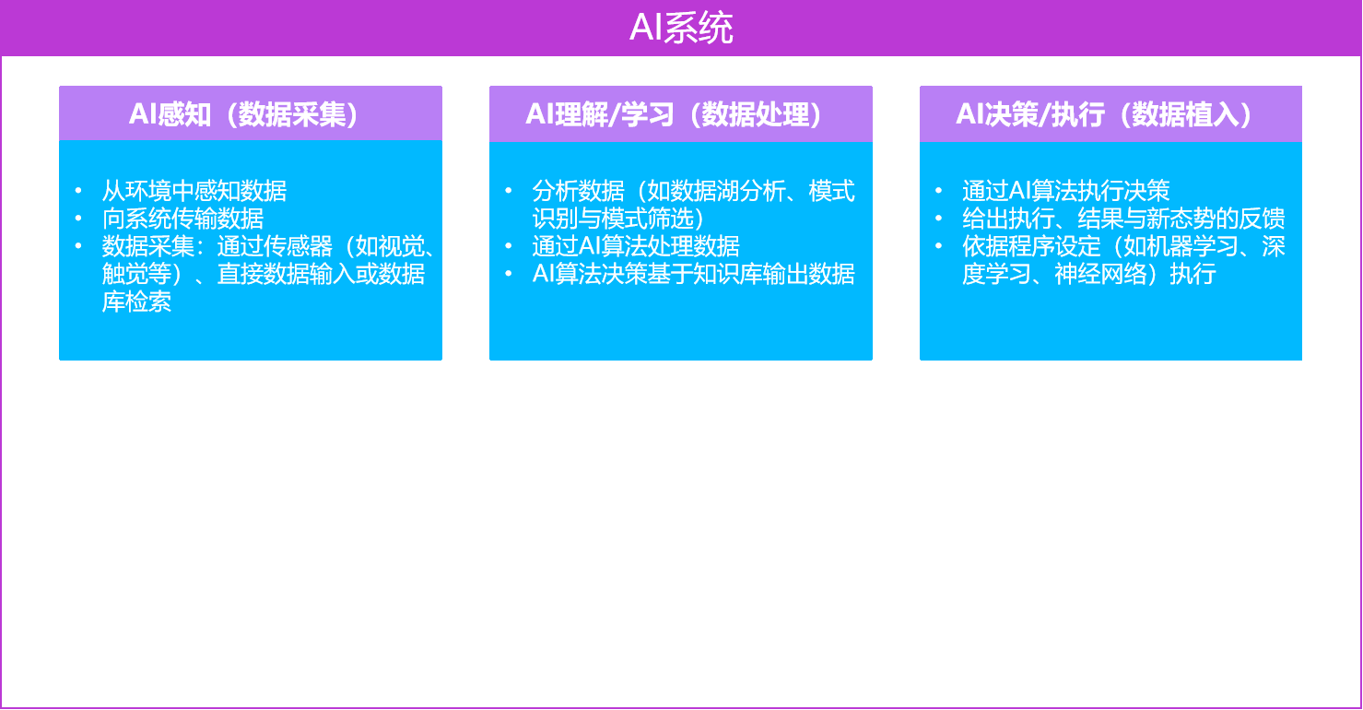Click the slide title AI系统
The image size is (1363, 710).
click(681, 28)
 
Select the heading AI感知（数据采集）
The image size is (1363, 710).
click(243, 114)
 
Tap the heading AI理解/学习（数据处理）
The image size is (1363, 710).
click(675, 114)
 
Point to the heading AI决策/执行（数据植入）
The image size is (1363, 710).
click(1104, 114)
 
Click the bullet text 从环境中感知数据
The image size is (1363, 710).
click(194, 191)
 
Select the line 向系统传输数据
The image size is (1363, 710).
click(182, 219)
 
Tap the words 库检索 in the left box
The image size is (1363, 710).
click(136, 302)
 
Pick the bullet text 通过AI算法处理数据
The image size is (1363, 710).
click(636, 246)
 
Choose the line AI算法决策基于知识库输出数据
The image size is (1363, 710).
click(694, 274)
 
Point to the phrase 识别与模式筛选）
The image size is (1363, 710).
click(618, 219)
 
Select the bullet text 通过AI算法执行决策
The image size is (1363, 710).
click(1066, 191)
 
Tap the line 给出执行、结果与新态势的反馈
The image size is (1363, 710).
click(1123, 219)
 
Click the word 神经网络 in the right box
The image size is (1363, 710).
click(1100, 274)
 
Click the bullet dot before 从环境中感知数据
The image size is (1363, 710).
click(78, 191)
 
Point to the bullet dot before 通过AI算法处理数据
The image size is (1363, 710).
click(509, 246)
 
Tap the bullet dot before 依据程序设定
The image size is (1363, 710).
click(939, 246)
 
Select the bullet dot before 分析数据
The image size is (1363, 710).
click(509, 191)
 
